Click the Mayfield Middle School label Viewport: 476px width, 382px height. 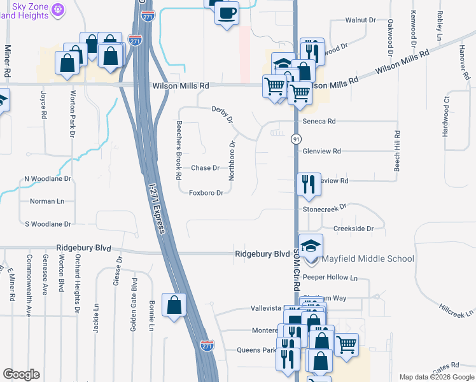coord(368,258)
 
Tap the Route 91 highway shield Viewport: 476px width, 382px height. coord(296,139)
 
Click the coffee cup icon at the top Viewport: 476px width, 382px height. coord(227,13)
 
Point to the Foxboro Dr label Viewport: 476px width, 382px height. coord(206,193)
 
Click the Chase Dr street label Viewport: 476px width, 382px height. coord(206,168)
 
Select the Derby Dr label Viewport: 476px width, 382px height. coord(223,115)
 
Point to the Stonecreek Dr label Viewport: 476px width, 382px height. coord(325,208)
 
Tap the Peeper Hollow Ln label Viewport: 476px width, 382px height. coord(330,278)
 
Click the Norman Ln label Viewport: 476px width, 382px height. coord(47,201)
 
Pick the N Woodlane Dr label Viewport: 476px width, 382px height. coord(47,179)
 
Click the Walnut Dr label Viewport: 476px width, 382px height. coord(360,20)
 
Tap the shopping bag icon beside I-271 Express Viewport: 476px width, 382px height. coord(174,306)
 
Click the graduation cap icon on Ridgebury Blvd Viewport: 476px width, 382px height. coord(311,245)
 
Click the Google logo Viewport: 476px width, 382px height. coord(21,374)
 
